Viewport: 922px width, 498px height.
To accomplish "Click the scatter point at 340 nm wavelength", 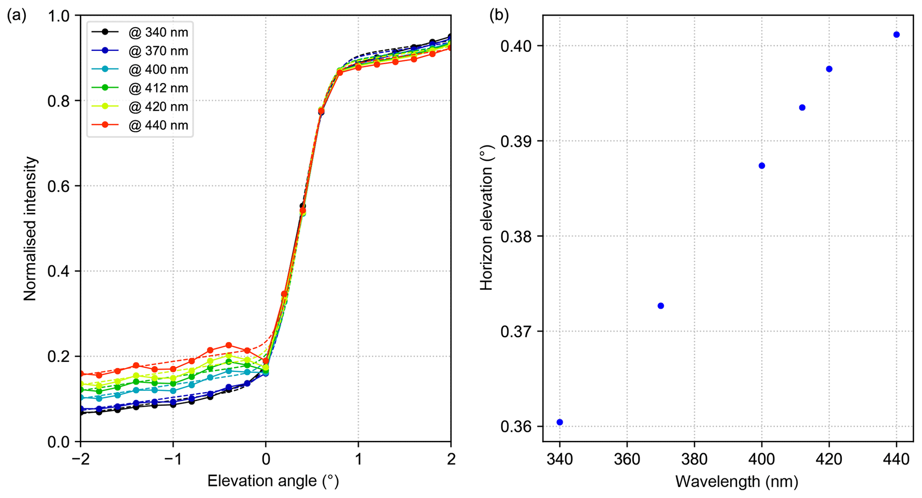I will pos(560,422).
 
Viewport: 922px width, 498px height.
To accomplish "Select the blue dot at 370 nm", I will pos(661,306).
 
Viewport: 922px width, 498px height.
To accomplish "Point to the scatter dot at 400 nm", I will pos(762,166).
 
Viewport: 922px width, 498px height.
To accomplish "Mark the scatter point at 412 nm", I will pos(802,108).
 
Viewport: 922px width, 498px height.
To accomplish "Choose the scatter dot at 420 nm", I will pos(829,69).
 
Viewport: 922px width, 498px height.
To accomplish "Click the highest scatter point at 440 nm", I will pos(897,35).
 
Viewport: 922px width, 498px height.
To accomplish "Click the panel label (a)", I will pos(17,16).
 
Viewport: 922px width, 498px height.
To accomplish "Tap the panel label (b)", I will pos(499,16).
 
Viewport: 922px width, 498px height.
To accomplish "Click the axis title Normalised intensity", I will pos(30,228).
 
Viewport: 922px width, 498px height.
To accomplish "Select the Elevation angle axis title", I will pos(273,481).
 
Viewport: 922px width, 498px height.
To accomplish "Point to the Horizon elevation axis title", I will pos(486,218).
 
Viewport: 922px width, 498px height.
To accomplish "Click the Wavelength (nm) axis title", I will pos(736,481).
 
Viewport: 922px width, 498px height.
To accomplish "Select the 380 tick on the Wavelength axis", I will pos(695,459).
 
